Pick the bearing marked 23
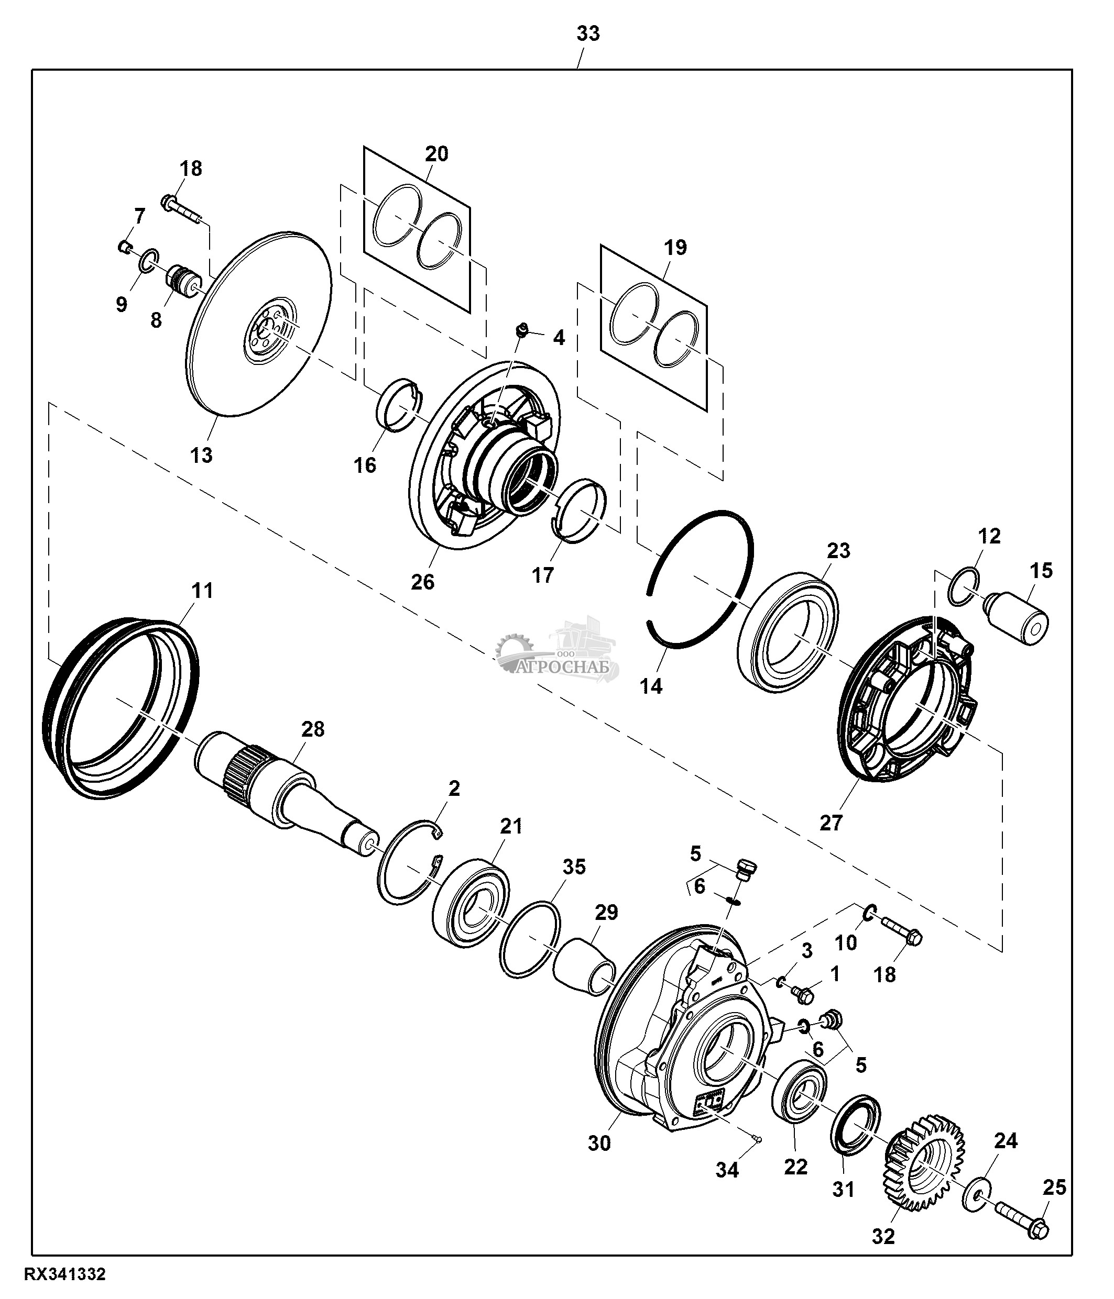[x=789, y=631]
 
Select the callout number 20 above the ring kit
[x=436, y=153]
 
